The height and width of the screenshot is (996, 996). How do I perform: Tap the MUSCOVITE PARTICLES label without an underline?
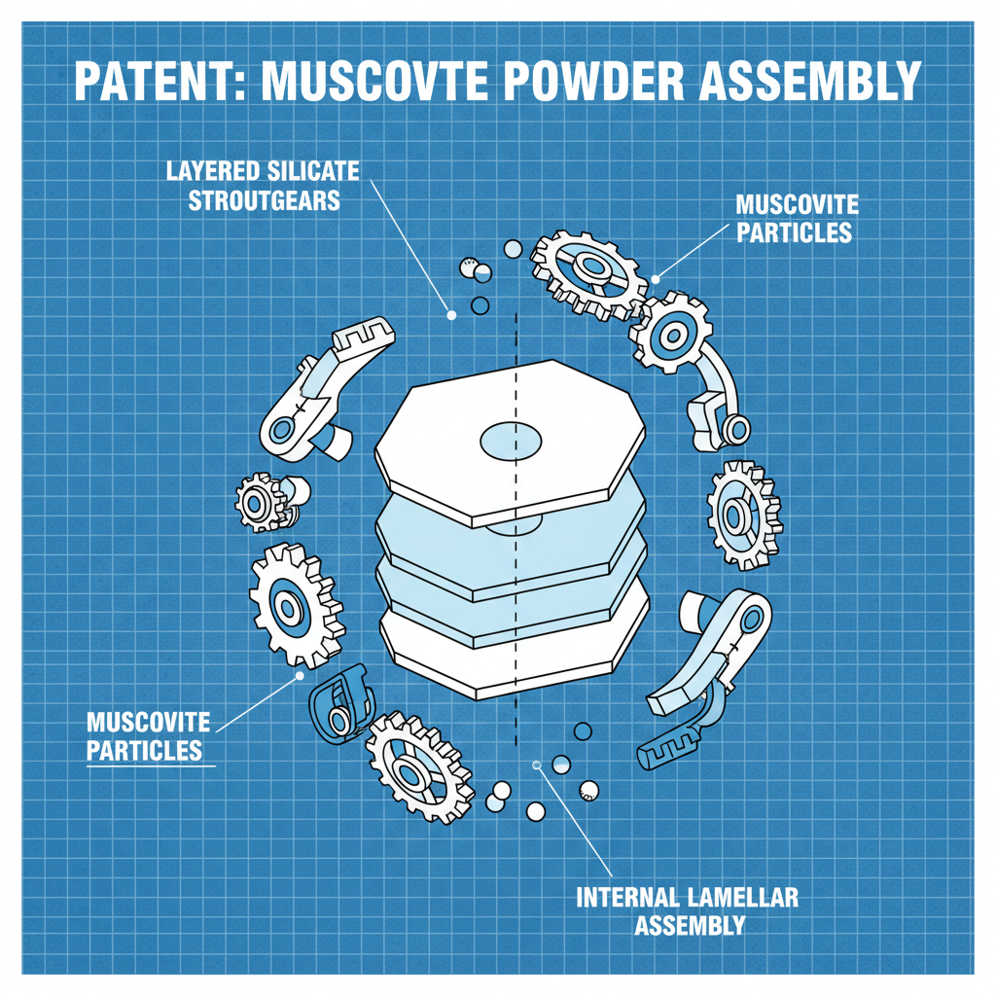pos(795,219)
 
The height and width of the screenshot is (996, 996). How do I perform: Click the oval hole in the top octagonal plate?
pos(513,441)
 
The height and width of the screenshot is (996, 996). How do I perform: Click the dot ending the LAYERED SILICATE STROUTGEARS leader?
pos(451,314)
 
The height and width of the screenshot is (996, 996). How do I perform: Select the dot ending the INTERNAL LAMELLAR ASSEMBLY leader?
pos(536,765)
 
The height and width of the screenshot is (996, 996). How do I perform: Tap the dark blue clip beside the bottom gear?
pos(338,702)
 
